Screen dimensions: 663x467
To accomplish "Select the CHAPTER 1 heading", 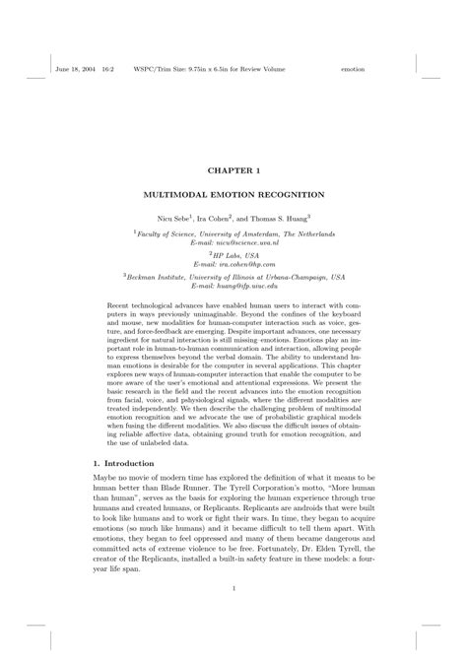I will pos(233,169).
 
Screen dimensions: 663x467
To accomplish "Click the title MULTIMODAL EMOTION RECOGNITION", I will pos(233,194).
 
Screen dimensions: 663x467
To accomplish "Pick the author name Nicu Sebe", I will pos(174,217).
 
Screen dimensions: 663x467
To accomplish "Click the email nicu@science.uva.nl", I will pos(233,241).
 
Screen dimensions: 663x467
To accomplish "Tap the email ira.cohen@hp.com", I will pos(234,264).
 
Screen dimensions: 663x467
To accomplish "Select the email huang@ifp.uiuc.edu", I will pos(234,287).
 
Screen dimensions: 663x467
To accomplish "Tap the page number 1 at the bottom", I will pos(233,590).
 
